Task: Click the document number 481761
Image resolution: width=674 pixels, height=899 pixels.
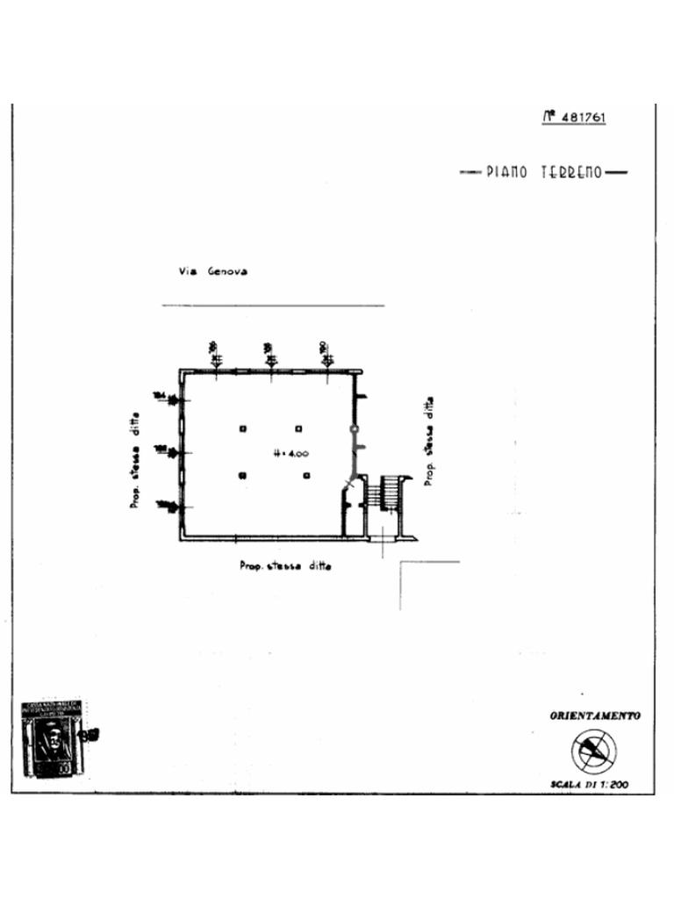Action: coord(582,117)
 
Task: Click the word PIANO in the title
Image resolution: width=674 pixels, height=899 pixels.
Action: coord(507,173)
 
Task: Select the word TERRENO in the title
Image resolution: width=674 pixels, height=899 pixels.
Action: coord(571,173)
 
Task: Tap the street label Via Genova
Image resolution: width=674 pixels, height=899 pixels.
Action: coord(212,271)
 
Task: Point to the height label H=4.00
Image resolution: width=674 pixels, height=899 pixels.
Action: coord(290,454)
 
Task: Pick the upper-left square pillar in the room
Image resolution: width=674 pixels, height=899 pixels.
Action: coord(243,428)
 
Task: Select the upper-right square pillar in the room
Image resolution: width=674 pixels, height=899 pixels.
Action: coord(298,428)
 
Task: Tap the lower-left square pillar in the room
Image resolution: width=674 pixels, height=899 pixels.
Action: coord(242,476)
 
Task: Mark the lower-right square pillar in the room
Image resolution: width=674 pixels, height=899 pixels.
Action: coord(306,476)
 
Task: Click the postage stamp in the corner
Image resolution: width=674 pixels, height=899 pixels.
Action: coord(53,738)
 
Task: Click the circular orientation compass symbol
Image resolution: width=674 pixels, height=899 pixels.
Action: coord(594,752)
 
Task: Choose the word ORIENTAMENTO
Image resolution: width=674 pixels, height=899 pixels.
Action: coord(594,716)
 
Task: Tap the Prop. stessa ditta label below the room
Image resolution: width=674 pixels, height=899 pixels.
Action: coord(285,566)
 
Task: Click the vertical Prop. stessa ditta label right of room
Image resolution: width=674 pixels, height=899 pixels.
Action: coord(428,440)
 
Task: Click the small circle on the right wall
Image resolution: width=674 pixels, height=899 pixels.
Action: coord(354,428)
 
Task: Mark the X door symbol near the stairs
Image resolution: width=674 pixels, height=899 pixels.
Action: coord(351,484)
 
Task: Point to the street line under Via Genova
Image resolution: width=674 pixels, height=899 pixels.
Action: coord(273,306)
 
